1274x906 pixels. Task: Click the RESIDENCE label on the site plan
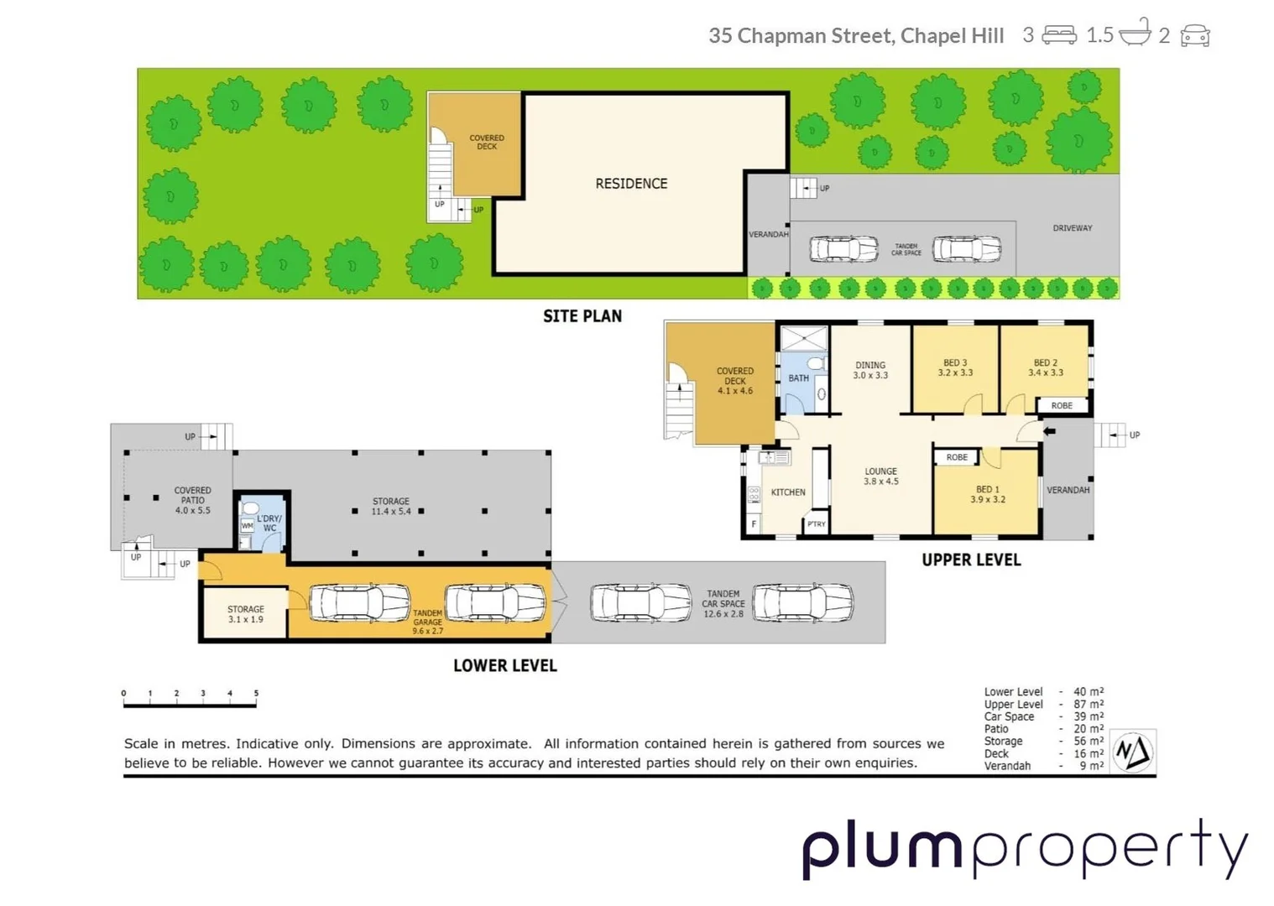click(631, 184)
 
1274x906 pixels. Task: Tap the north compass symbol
click(1133, 751)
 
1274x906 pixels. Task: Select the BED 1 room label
click(987, 494)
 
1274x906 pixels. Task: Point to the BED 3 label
click(955, 367)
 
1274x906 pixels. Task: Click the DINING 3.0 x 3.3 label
click(870, 370)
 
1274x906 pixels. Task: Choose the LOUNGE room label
click(880, 476)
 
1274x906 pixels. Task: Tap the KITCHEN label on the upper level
click(788, 492)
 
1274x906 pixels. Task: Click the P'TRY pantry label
click(816, 524)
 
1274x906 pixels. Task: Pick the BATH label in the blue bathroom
click(798, 378)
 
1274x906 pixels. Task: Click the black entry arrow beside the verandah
click(1049, 431)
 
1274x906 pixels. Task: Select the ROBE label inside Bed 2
click(1062, 405)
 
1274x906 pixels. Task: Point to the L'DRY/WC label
click(269, 523)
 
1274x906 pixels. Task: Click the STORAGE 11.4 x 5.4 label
click(391, 506)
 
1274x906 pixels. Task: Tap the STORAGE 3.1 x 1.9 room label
click(246, 614)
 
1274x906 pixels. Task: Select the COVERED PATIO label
click(192, 500)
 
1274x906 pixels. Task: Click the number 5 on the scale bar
click(256, 694)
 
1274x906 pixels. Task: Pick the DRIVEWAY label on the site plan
click(1072, 228)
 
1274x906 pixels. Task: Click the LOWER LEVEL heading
click(504, 665)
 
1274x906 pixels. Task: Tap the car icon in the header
click(1194, 36)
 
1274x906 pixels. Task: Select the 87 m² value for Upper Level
click(1089, 705)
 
